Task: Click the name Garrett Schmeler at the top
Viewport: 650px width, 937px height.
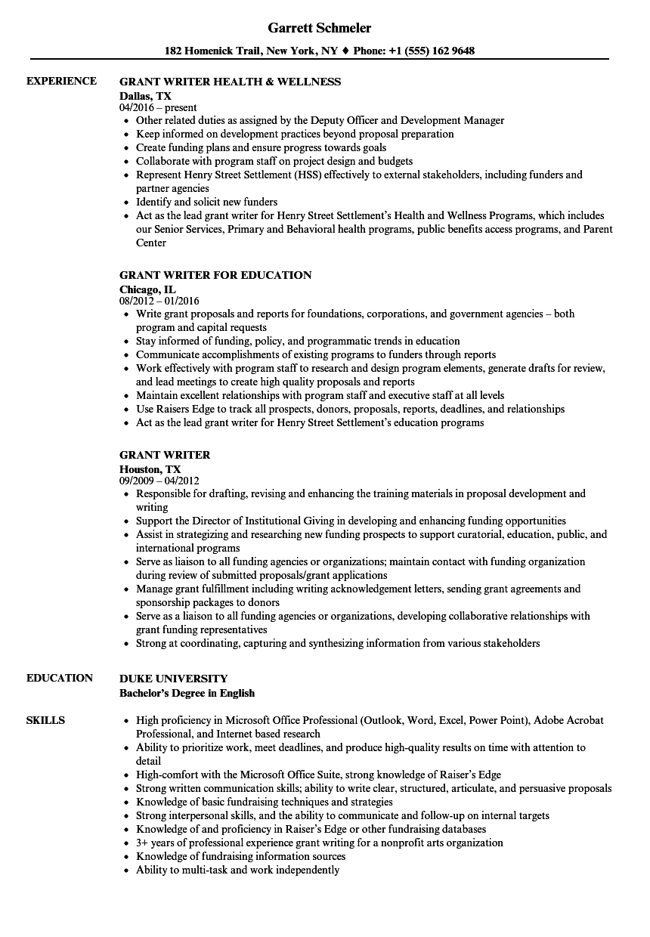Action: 319,28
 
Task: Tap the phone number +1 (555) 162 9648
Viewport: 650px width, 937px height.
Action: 432,51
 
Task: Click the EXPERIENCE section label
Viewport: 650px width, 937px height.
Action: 61,81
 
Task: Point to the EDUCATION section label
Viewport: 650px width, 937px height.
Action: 60,678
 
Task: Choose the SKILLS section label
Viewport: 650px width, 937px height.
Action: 45,720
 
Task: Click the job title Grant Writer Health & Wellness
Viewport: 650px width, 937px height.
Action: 230,82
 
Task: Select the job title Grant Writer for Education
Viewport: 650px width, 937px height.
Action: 215,275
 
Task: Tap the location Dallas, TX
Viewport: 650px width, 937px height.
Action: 145,96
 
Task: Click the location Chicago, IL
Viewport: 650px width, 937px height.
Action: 147,289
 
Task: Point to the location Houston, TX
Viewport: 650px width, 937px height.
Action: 150,469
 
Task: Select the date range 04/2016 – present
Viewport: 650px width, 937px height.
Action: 158,108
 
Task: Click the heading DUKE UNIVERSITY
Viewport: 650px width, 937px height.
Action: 173,679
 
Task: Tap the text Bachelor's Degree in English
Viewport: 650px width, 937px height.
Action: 187,693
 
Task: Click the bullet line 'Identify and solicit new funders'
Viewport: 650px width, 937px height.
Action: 206,202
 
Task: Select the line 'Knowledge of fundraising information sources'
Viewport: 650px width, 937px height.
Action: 240,856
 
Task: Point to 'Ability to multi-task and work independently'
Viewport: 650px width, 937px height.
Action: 237,870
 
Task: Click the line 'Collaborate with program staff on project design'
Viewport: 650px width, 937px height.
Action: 274,161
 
